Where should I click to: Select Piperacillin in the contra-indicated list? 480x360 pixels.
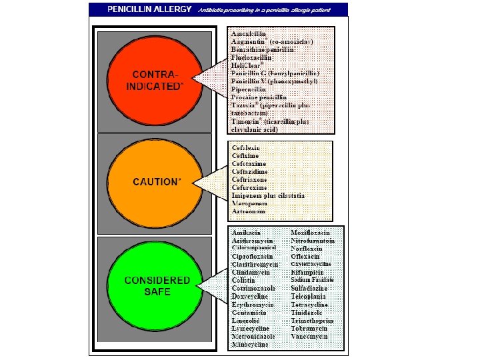[249, 89]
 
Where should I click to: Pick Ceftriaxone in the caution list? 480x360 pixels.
[249, 179]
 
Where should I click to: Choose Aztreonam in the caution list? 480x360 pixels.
[248, 211]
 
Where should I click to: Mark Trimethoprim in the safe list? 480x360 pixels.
[312, 321]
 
